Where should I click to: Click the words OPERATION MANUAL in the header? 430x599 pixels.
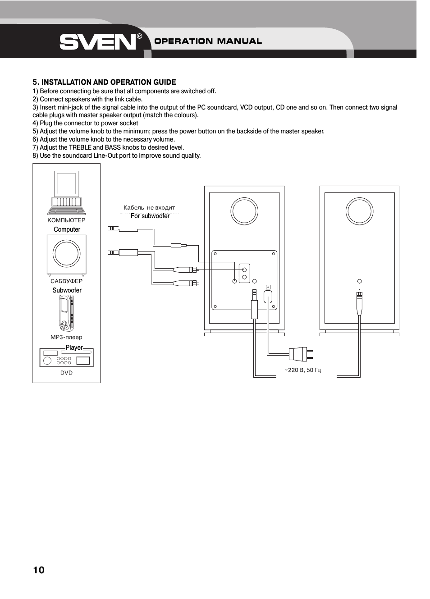(208, 41)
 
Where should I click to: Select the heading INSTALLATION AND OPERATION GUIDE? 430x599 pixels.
(104, 82)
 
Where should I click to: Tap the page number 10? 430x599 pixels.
(39, 570)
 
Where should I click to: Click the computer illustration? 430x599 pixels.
(67, 193)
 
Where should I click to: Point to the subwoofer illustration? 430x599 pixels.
(67, 255)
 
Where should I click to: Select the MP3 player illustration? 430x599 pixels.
(66, 313)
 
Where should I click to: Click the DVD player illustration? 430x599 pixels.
(66, 358)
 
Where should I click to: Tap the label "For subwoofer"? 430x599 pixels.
(150, 216)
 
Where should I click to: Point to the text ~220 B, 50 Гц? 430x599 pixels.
(303, 370)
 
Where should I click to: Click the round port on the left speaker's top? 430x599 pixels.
(244, 211)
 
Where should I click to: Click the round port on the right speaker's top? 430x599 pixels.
(359, 211)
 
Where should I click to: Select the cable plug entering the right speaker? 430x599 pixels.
(359, 302)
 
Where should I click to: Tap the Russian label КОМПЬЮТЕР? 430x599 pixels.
(66, 220)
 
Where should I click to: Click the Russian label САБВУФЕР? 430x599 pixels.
(66, 281)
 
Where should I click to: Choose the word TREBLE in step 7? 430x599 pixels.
(80, 147)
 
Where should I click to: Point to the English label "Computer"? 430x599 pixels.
(67, 229)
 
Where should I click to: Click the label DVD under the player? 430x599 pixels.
(66, 373)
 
